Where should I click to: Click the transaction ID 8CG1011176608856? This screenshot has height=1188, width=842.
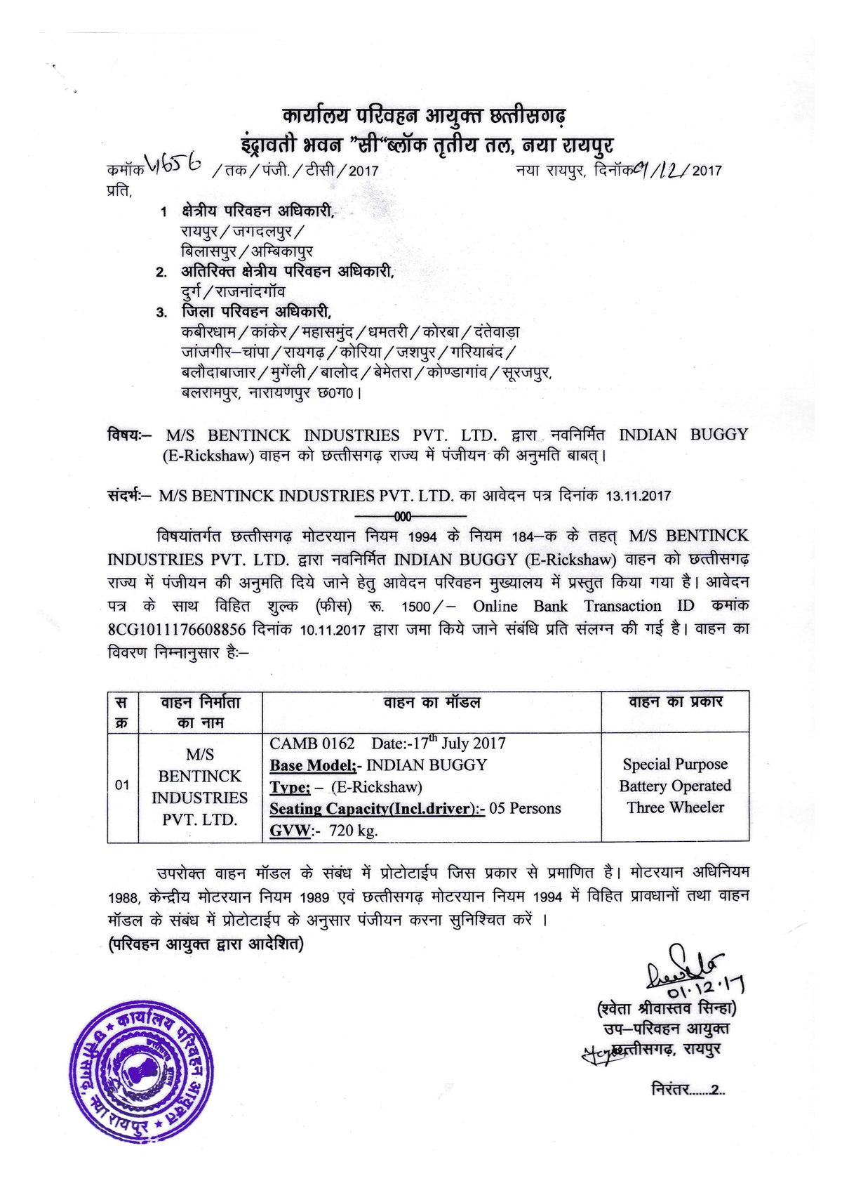tap(177, 629)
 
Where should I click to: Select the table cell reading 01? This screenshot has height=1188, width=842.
tap(123, 785)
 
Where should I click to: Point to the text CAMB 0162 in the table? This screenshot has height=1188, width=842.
tap(312, 744)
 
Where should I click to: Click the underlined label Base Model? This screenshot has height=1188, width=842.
tap(313, 765)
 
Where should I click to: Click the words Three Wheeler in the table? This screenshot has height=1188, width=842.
tap(675, 807)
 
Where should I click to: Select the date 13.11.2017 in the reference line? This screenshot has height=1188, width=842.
tap(638, 496)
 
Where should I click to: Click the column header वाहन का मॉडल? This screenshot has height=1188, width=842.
tap(431, 702)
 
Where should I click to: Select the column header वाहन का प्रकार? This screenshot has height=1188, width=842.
tap(674, 702)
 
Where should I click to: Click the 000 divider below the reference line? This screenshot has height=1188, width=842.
tap(403, 517)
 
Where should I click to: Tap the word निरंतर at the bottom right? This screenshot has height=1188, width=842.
tap(671, 1090)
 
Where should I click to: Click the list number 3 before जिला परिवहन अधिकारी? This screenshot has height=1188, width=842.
tap(161, 313)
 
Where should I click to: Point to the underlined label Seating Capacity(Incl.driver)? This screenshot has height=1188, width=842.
tap(377, 809)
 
